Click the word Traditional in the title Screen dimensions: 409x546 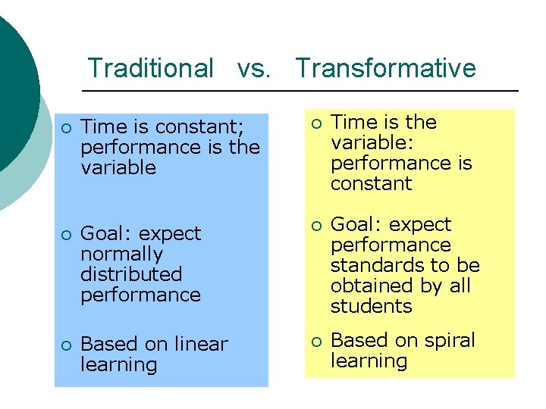coord(151,68)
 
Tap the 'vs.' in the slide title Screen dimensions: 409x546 coord(253,68)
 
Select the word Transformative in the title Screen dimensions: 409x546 coord(385,68)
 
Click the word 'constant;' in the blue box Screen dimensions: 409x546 coord(196,126)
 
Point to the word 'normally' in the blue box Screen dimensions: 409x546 coord(121,254)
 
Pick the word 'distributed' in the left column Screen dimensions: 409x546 coord(131,274)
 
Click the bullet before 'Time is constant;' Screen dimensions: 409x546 coord(66,126)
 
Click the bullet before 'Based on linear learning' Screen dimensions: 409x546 coord(66,345)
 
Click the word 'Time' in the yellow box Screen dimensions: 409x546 coord(353,123)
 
